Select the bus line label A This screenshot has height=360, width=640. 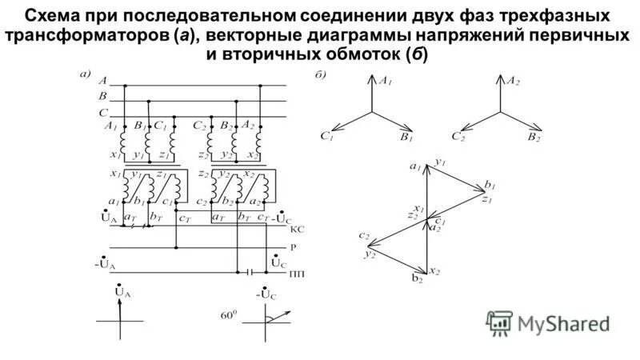(102, 82)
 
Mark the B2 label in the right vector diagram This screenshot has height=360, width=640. (534, 138)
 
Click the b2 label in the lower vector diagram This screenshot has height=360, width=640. (417, 278)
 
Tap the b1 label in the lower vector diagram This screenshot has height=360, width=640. (488, 186)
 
